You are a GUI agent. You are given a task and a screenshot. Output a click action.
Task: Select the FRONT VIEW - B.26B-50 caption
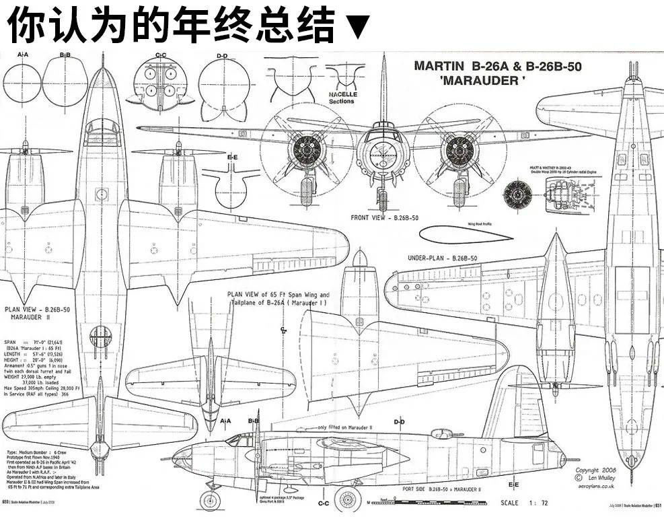tap(384, 217)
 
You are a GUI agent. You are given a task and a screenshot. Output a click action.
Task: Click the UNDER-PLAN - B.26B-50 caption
tap(442, 258)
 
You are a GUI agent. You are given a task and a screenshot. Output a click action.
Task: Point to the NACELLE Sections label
tap(342, 98)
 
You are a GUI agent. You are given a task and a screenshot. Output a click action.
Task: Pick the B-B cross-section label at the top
tap(65, 55)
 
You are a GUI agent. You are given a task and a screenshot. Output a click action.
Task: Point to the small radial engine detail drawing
tap(517, 193)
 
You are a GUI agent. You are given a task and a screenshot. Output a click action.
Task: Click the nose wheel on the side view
tap(210, 500)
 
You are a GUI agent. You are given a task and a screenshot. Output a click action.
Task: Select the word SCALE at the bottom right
tap(509, 503)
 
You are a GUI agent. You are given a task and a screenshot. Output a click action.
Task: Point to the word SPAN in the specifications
tap(11, 342)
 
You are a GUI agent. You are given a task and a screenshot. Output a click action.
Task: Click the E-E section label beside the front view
tap(232, 157)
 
